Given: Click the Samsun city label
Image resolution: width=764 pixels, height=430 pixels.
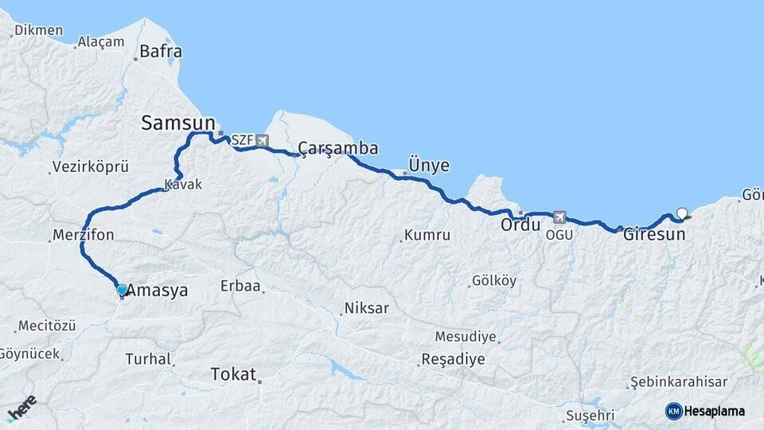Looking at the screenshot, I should tap(178, 123).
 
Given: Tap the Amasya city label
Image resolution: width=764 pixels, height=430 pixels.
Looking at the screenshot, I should tap(158, 291).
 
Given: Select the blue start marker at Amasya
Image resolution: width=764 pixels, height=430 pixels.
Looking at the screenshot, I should tap(121, 291).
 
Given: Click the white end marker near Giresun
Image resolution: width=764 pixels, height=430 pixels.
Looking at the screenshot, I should tap(681, 213).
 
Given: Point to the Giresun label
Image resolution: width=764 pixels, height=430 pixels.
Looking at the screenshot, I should tap(653, 235).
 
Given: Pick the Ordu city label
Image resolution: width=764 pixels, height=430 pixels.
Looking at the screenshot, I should tap(520, 225).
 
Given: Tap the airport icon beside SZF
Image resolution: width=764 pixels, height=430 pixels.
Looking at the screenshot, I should tap(262, 141).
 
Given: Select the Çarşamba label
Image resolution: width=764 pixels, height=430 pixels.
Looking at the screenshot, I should tap(338, 148).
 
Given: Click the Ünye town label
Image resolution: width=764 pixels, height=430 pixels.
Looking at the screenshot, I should tap(429, 166).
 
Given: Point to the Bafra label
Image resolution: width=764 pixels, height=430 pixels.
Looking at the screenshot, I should tap(161, 52).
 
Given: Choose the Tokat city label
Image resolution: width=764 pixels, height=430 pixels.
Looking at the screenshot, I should tap(233, 374).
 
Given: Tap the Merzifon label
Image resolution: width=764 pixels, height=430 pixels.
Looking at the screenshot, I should tap(84, 235).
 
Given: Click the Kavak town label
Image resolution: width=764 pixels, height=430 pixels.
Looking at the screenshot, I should tap(183, 185).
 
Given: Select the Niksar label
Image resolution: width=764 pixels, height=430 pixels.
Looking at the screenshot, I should tap(366, 308).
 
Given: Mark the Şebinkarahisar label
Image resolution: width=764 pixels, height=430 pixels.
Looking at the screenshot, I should tap(678, 383).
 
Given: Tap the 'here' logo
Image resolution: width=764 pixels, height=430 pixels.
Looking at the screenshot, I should tap(22, 408).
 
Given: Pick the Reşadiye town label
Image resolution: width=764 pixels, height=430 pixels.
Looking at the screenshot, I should tap(453, 359).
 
